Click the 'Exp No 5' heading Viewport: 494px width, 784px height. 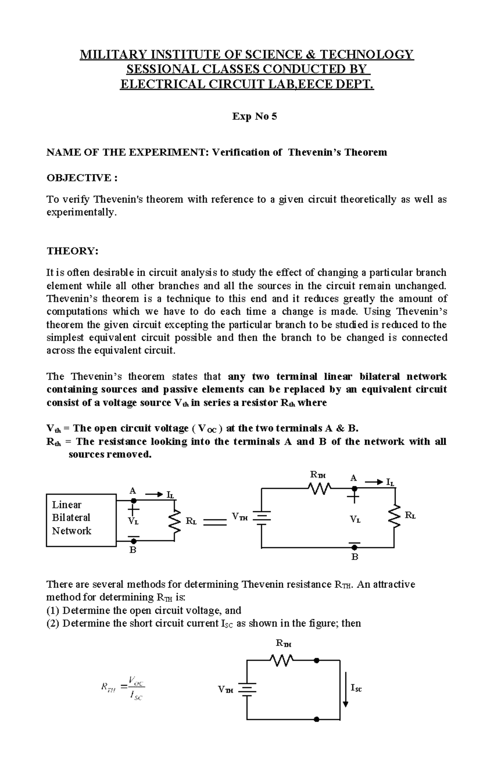(254, 116)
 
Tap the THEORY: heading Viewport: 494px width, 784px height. (72, 251)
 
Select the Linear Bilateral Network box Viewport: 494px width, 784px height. (81, 520)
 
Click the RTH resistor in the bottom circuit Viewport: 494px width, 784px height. (282, 660)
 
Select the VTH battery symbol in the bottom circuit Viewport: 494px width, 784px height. (247, 689)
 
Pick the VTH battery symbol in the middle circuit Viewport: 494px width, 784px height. (262, 517)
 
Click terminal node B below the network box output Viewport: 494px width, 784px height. (133, 541)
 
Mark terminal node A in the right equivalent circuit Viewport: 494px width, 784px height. (354, 488)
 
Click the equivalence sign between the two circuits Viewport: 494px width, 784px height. (215, 522)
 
